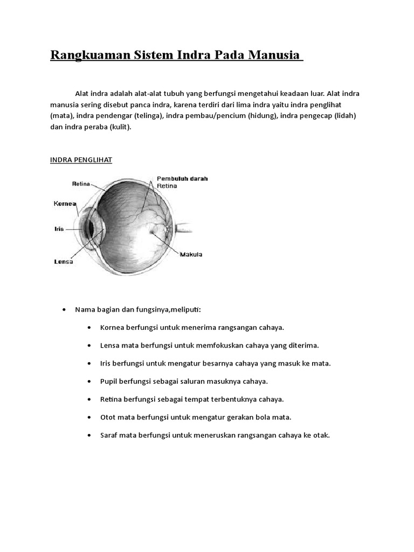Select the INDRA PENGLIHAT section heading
tap(81, 160)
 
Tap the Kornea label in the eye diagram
tap(65, 204)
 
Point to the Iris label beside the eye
tap(59, 229)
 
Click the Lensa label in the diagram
tap(64, 261)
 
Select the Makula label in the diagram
tap(191, 254)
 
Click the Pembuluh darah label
tap(182, 178)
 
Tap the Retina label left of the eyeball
tap(81, 184)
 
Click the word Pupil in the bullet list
tap(109, 381)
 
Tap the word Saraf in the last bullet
tap(109, 435)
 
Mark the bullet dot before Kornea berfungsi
tap(89, 328)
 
